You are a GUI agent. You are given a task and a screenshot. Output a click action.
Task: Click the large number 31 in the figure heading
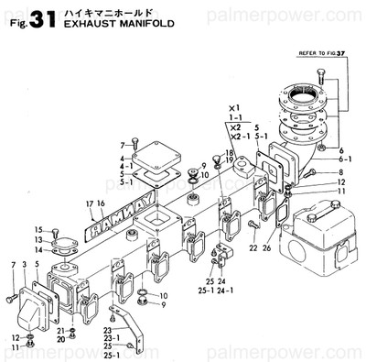48,20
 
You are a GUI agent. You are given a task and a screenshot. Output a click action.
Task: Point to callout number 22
253,247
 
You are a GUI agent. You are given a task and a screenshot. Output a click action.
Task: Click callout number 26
266,247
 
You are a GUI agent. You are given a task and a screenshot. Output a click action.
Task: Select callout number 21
60,330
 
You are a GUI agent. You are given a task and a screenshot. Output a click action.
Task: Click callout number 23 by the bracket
108,330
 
